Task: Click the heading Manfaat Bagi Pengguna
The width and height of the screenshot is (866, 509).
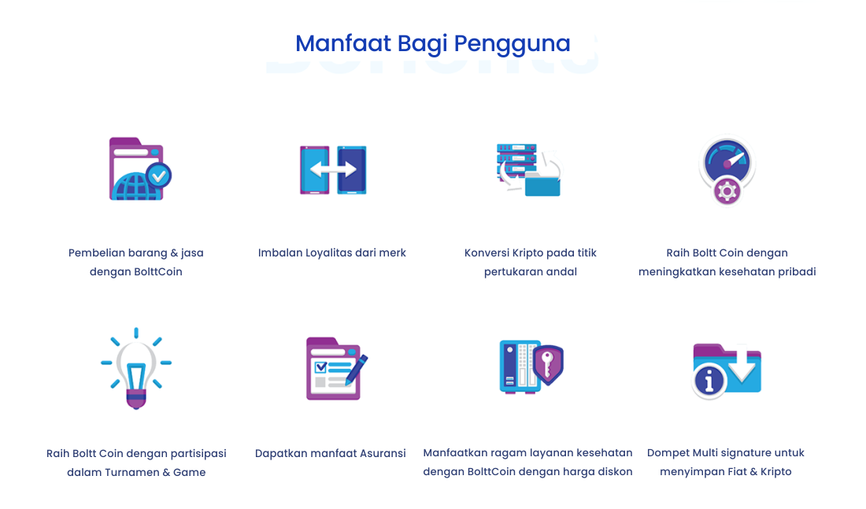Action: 432,44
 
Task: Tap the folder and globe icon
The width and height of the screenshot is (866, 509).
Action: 140,169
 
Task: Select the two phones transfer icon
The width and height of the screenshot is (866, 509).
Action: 333,170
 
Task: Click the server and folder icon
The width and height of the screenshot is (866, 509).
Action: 528,169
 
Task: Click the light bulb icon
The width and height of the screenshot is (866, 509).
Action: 136,368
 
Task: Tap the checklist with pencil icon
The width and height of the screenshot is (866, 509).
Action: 337,368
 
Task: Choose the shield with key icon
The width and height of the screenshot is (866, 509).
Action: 531,366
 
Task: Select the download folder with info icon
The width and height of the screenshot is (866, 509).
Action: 727,370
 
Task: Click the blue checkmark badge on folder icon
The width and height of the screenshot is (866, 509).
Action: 158,175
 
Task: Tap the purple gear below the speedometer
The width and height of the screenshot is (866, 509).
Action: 727,192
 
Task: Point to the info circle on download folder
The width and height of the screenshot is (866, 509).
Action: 709,380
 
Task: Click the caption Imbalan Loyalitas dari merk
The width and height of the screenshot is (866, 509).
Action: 332,253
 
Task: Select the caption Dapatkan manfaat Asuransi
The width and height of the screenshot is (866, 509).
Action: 331,453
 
